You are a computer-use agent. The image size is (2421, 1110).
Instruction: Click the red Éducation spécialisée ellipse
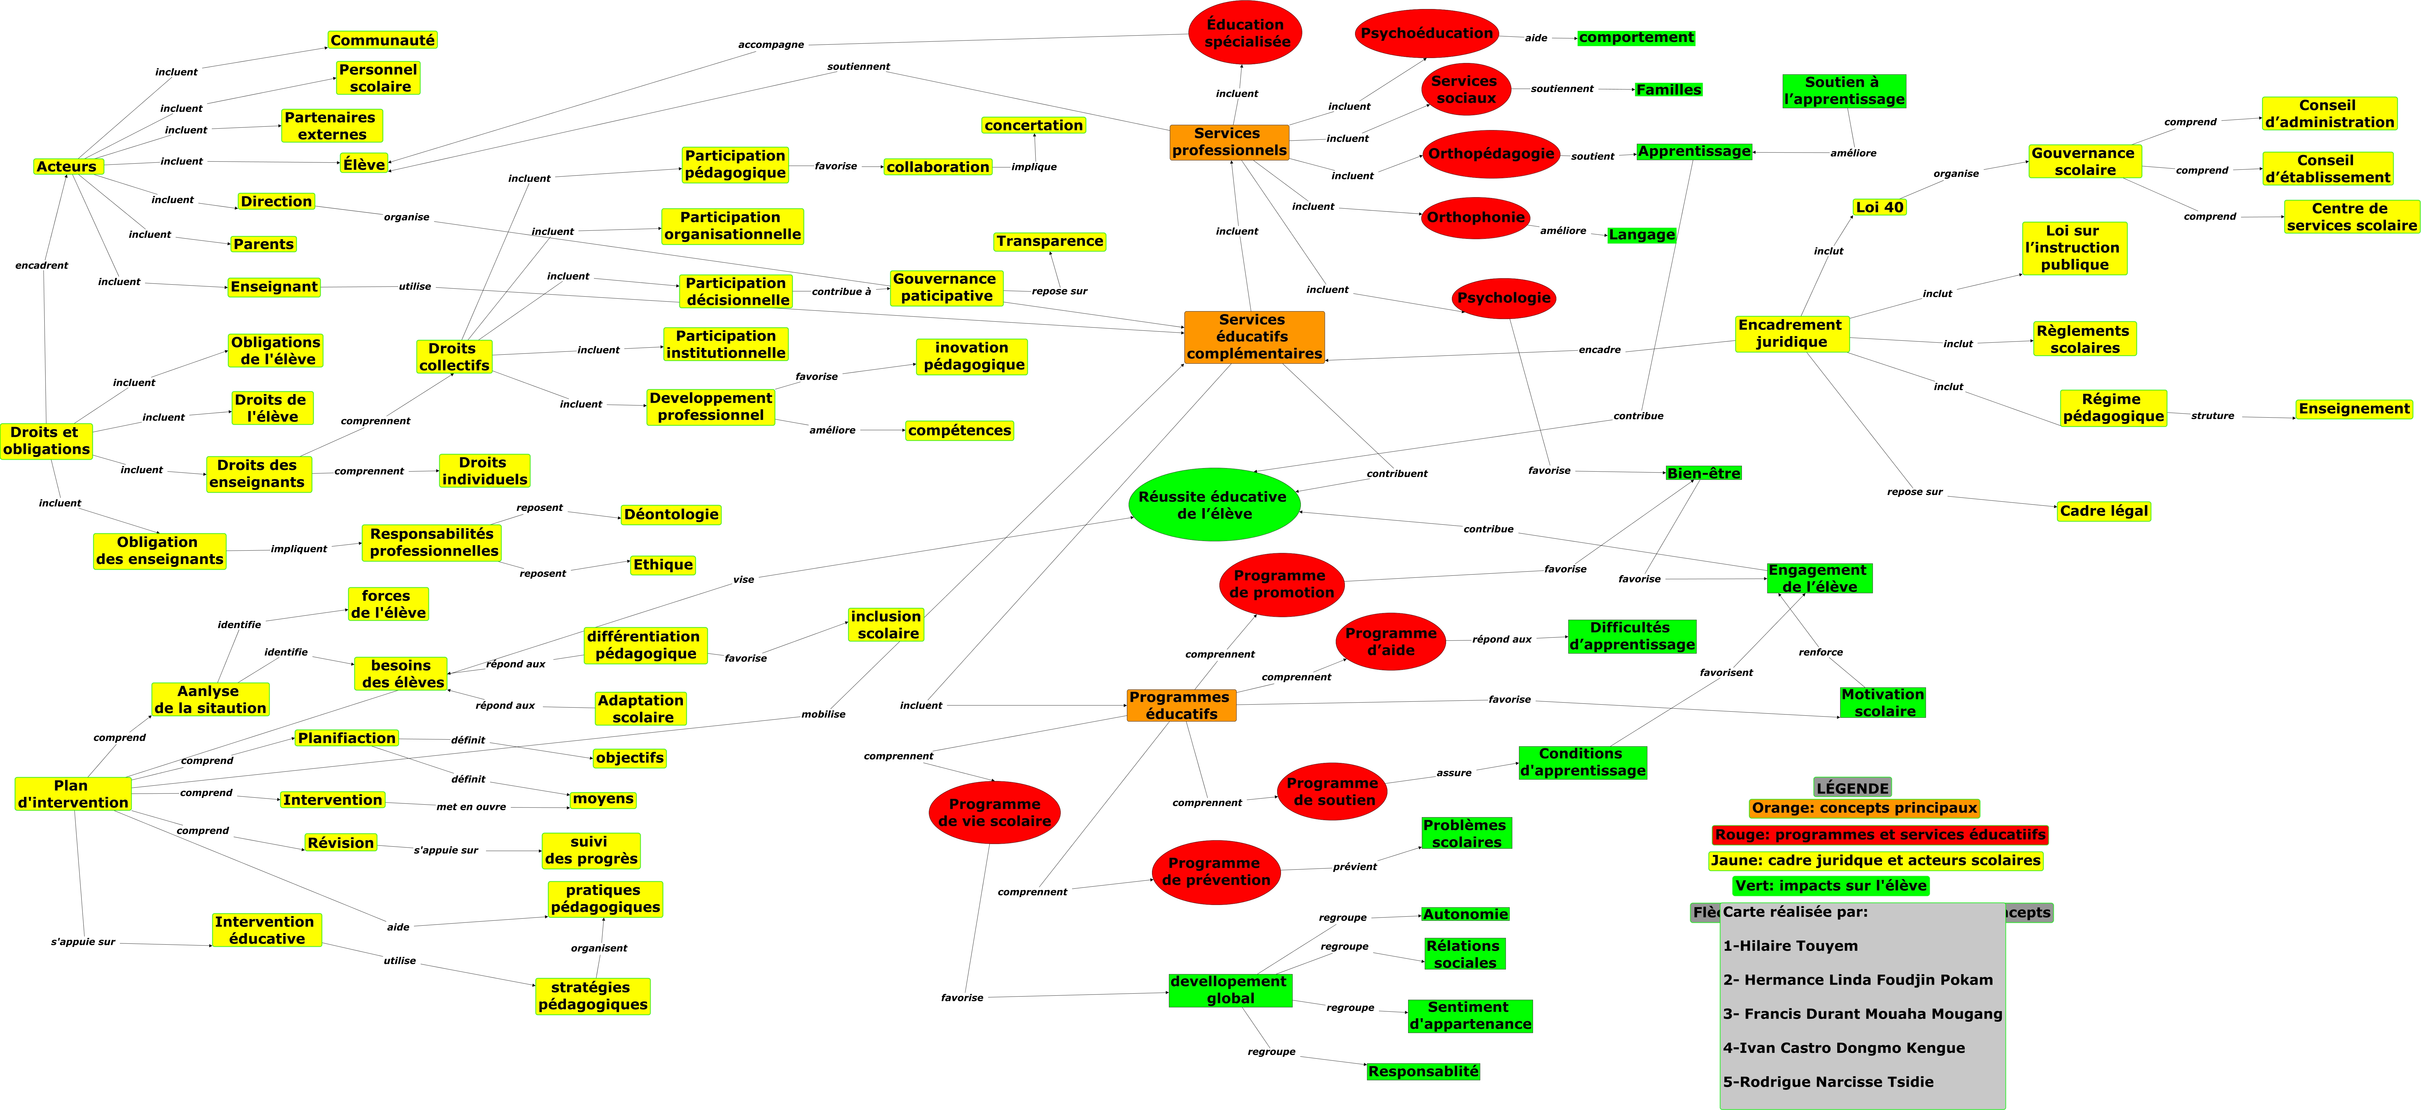(x=1245, y=33)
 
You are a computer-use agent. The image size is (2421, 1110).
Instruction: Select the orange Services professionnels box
(x=1228, y=142)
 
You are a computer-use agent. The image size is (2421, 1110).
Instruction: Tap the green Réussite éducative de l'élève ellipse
(x=1213, y=505)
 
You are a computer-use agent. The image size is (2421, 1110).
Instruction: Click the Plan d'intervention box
(x=72, y=794)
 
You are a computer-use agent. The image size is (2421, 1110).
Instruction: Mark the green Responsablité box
(x=1423, y=1072)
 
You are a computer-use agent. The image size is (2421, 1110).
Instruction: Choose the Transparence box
(x=1050, y=241)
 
